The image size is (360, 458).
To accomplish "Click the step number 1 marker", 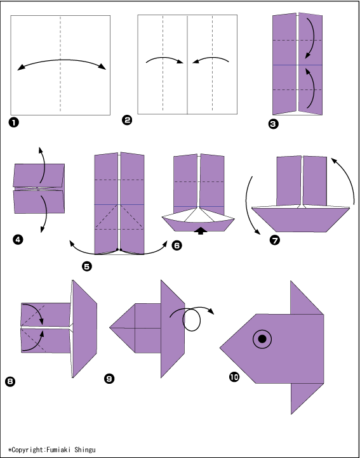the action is pyautogui.click(x=14, y=123).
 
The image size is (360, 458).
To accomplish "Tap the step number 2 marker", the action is pyautogui.click(x=126, y=121).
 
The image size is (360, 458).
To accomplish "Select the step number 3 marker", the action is pyautogui.click(x=273, y=124).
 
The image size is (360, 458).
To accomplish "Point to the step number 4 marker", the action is pyautogui.click(x=18, y=240).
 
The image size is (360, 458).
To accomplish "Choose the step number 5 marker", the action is pyautogui.click(x=87, y=266).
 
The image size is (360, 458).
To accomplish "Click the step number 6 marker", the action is pyautogui.click(x=177, y=245).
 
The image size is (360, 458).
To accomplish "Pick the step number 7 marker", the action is pyautogui.click(x=275, y=240).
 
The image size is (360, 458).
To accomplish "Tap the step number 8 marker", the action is pyautogui.click(x=10, y=381).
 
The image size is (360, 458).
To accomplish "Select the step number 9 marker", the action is pyautogui.click(x=109, y=379).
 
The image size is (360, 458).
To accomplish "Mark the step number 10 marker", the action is pyautogui.click(x=234, y=377).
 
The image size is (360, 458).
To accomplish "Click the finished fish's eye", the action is pyautogui.click(x=262, y=339).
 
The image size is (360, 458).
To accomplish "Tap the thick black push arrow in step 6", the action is pyautogui.click(x=201, y=231).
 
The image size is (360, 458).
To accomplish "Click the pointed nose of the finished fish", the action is pyautogui.click(x=220, y=348).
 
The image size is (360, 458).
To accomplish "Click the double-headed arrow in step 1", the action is pyautogui.click(x=62, y=62).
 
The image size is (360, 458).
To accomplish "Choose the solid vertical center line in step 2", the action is pyautogui.click(x=187, y=65).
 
